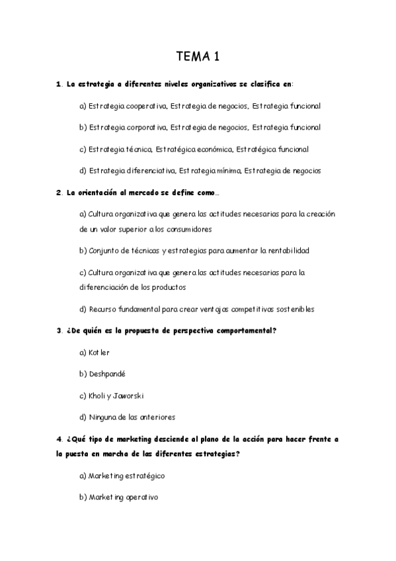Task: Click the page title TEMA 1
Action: pyautogui.click(x=198, y=57)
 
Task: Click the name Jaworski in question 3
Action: pyautogui.click(x=128, y=396)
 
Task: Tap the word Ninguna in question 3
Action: pyautogui.click(x=102, y=417)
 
